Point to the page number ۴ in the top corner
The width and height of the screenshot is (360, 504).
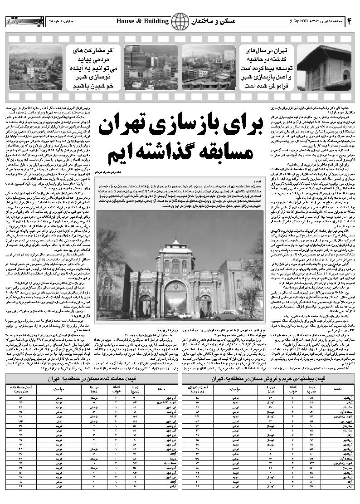tap(350, 21)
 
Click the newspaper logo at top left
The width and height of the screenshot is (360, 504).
tap(18, 21)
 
